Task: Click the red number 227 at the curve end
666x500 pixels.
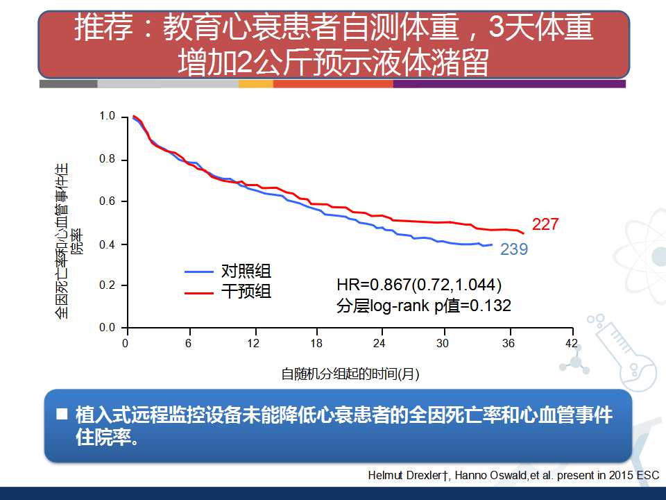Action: point(545,224)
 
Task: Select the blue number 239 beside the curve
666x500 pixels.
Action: point(514,249)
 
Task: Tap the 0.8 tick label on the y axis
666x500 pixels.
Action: point(107,160)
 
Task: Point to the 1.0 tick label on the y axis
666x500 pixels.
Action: point(107,116)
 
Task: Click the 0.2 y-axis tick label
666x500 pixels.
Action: point(107,285)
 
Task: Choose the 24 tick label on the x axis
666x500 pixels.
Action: point(379,344)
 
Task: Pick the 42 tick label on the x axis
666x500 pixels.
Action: point(571,344)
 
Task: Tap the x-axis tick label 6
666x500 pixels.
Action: point(189,344)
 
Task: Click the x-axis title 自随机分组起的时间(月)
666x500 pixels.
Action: point(350,374)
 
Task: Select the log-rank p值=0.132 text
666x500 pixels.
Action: point(423,306)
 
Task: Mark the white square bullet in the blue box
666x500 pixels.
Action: point(62,415)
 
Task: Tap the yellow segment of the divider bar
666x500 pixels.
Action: point(255,84)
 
